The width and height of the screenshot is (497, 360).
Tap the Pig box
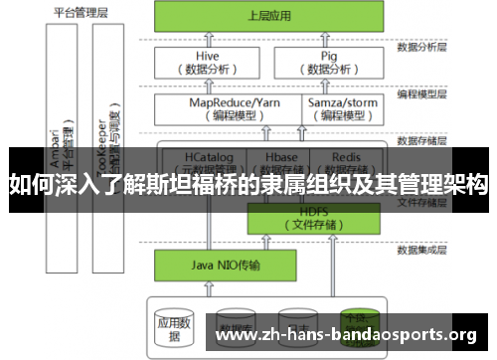coord(328,63)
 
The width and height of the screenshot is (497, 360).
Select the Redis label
coord(346,157)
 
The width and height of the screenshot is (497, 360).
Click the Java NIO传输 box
coord(211,267)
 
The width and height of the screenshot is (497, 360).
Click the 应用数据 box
coord(172,324)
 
